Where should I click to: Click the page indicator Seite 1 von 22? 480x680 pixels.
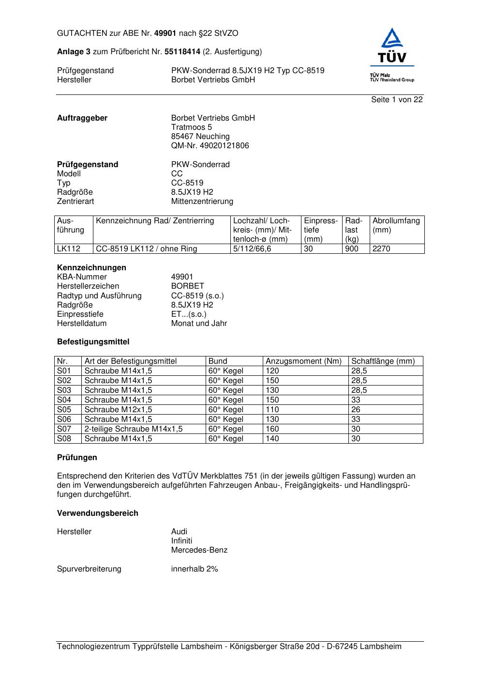click(x=397, y=99)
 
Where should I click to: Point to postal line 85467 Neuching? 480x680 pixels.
click(x=200, y=137)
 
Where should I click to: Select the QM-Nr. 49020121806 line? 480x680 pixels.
click(x=210, y=146)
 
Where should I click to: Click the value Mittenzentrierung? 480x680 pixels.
click(x=202, y=201)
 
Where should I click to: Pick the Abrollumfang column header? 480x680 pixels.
click(x=396, y=221)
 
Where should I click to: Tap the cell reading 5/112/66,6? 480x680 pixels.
click(x=252, y=249)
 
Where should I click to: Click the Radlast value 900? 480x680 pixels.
click(x=352, y=249)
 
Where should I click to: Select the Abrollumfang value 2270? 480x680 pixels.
click(x=381, y=249)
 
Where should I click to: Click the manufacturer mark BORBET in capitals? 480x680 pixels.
click(x=187, y=286)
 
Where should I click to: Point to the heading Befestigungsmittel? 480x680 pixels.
click(x=93, y=342)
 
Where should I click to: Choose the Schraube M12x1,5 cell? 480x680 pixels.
click(x=118, y=410)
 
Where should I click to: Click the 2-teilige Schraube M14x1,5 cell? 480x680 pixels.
click(x=134, y=429)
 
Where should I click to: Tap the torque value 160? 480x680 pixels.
click(x=272, y=429)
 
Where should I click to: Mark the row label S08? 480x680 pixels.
click(x=64, y=439)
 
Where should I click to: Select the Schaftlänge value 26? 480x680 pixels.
click(x=356, y=410)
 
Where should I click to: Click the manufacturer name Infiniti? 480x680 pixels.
click(x=181, y=541)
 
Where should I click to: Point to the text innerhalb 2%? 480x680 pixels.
click(x=195, y=569)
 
